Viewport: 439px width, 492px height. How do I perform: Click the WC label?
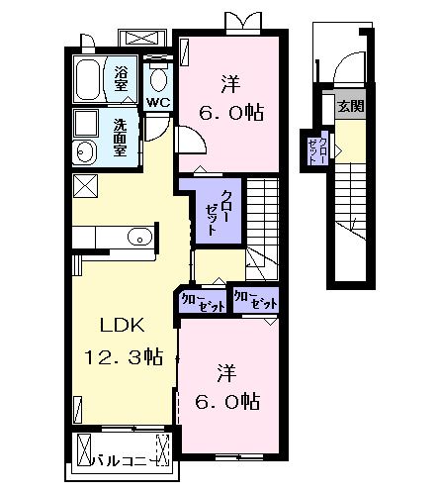tap(158, 102)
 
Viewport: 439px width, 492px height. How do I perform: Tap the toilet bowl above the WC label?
tap(158, 77)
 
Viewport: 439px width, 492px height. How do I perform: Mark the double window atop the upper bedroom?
tap(241, 21)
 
